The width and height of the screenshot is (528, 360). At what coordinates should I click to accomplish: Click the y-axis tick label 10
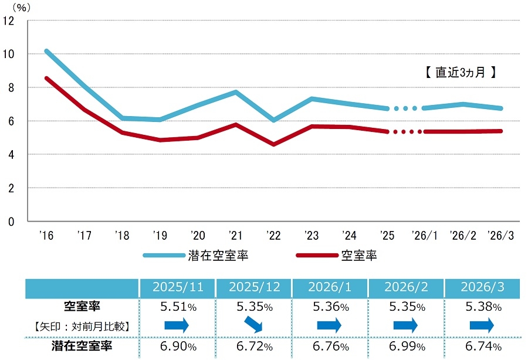8,54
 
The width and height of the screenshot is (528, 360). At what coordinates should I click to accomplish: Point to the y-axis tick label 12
8,21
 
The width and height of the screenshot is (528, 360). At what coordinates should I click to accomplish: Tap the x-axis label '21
235,236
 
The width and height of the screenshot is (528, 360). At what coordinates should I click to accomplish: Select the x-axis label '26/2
463,236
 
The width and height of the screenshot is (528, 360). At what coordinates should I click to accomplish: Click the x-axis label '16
46,236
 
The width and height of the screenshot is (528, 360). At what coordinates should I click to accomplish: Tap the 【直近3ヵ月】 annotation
461,73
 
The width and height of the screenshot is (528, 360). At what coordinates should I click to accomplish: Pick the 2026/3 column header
482,288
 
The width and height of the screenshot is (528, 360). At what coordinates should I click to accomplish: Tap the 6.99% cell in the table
405,346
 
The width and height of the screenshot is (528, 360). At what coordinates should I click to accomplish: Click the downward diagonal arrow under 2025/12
253,325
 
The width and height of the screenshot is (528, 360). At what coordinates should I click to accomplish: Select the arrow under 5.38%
482,325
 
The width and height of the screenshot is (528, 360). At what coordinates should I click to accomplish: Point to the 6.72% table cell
253,346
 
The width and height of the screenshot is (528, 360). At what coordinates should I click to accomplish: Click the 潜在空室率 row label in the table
80,346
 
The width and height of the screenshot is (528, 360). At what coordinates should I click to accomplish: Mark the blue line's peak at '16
47,51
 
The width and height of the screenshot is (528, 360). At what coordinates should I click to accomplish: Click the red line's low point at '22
273,144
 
